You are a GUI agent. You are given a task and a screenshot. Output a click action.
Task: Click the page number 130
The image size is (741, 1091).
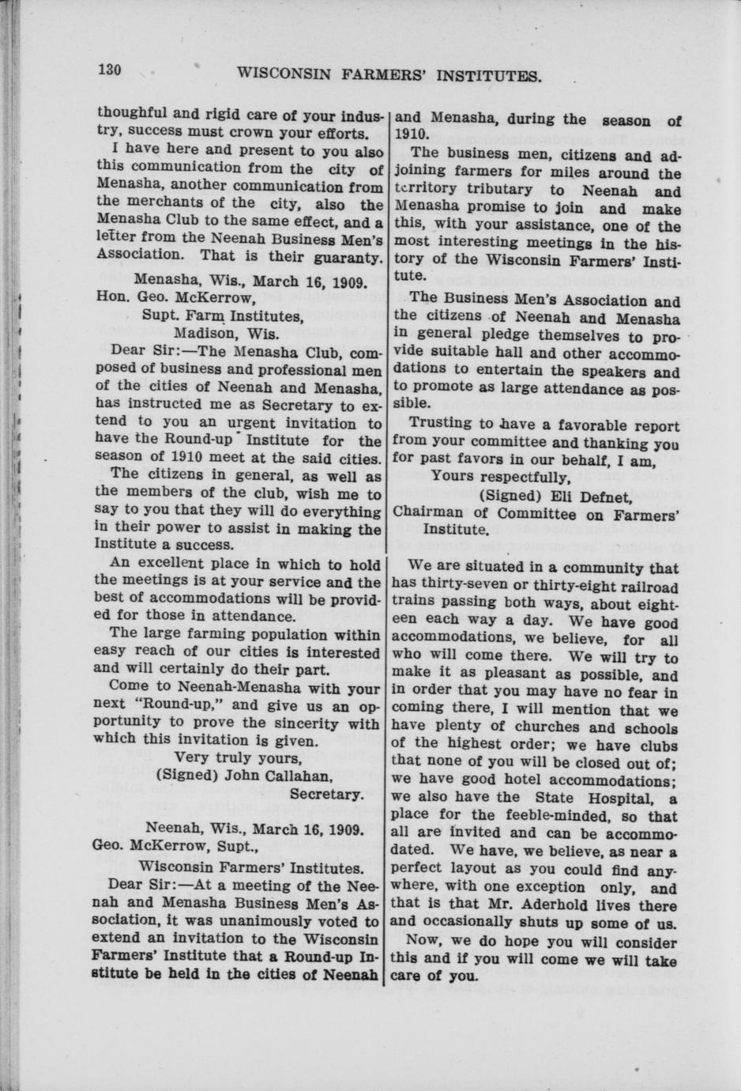[x=109, y=70]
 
